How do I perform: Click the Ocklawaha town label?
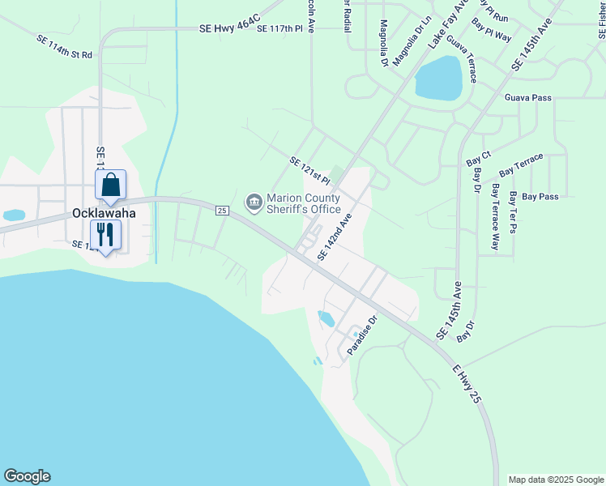click(103, 213)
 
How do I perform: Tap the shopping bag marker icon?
click(110, 185)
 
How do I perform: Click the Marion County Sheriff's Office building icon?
click(254, 201)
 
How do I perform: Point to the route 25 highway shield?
click(223, 211)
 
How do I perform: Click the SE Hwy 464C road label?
click(230, 28)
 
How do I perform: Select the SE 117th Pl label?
click(285, 28)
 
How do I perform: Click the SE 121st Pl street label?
click(311, 169)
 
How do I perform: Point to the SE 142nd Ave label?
click(335, 237)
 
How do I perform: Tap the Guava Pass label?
click(527, 98)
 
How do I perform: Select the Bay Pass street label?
click(540, 197)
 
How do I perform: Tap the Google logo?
click(27, 476)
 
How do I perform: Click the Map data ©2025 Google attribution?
click(555, 480)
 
